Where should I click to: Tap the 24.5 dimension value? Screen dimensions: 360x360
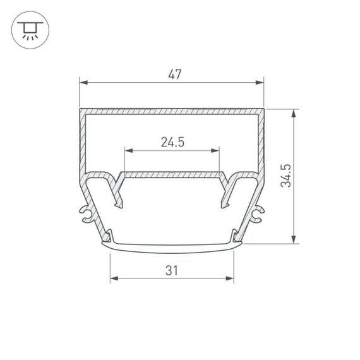click(172, 142)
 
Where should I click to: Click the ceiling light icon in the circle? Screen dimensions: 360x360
click(28, 29)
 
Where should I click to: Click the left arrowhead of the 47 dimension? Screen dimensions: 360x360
click(83, 83)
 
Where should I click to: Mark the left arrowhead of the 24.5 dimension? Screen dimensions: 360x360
click(128, 151)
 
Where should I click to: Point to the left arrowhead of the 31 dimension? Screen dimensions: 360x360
click(114, 279)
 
